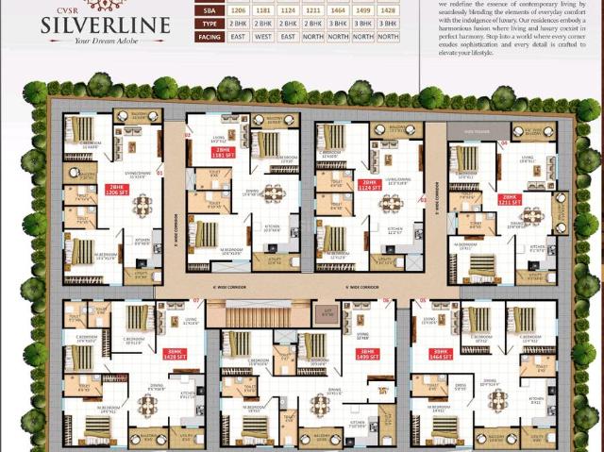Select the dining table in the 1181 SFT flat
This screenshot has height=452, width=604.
click(273, 193)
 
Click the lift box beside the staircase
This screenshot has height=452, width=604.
click(327, 311)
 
